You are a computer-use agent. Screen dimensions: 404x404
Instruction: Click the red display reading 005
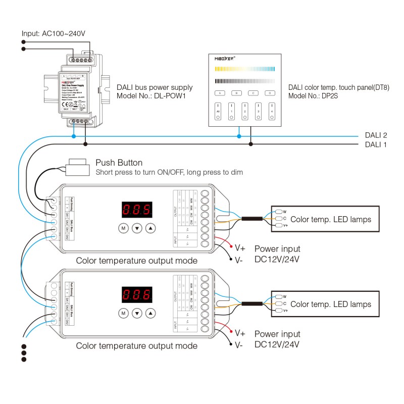tap(137, 209)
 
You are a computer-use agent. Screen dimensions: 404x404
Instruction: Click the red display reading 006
tap(137, 294)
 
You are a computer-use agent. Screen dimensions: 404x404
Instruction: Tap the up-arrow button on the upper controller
tap(151, 228)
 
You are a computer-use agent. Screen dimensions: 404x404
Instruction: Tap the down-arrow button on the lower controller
tap(137, 313)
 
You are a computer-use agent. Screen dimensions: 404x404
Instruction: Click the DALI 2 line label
tap(376, 135)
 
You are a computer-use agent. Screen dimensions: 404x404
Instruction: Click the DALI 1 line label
tap(376, 144)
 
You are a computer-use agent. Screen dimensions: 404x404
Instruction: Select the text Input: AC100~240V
tap(54, 34)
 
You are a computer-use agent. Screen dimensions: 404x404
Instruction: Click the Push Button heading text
tap(119, 163)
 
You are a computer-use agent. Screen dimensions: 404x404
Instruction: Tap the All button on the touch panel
tap(218, 110)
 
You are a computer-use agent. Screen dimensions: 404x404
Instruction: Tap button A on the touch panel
tap(219, 93)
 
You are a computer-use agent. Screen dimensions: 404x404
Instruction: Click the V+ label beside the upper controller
tap(240, 247)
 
